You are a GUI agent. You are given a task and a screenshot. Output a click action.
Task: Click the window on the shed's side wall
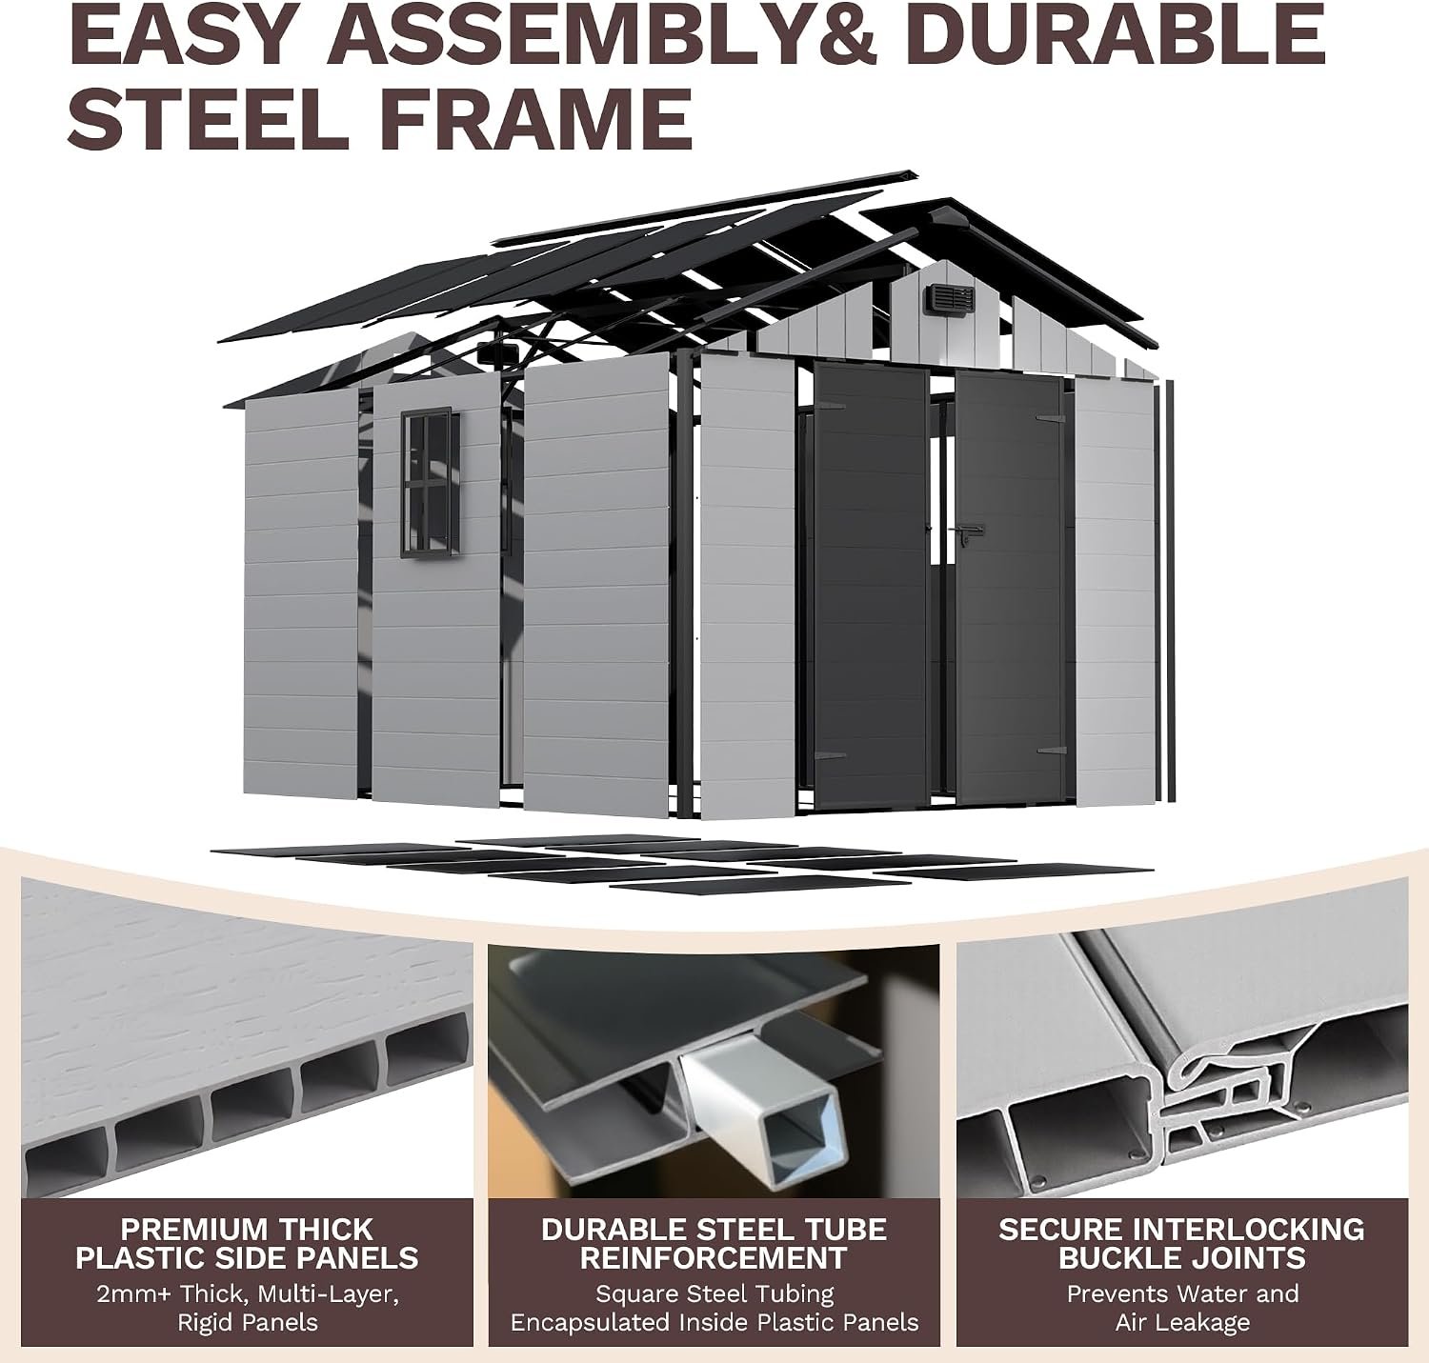coord(431,483)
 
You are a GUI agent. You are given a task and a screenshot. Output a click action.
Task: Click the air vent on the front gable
coord(951,298)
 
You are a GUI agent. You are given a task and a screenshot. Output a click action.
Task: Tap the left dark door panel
coord(871,586)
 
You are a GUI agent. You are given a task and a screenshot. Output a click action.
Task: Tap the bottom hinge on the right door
coord(1051,751)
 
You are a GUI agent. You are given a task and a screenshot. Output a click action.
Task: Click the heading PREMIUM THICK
coord(247,1230)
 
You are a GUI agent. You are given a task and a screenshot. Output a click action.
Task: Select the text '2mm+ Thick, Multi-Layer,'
coord(248,1293)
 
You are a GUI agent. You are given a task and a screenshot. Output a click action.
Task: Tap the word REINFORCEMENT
coord(714,1257)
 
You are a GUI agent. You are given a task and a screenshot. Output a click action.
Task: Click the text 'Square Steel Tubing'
coord(714,1293)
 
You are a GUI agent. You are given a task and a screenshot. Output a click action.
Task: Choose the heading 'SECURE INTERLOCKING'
coord(1182,1230)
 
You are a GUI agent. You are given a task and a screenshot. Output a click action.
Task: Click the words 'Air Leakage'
coord(1182,1322)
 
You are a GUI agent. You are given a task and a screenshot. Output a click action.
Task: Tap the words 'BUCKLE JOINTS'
coord(1182,1257)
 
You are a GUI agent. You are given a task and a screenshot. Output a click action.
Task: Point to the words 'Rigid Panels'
coord(248,1322)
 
